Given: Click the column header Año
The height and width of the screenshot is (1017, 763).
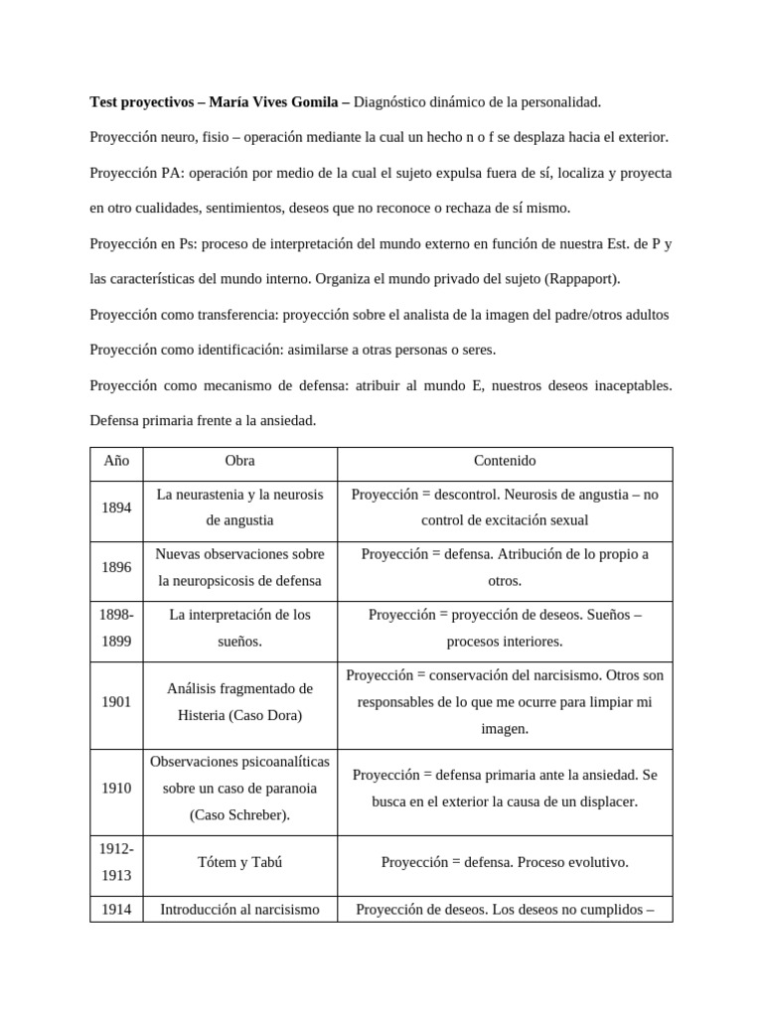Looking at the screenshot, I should pyautogui.click(x=116, y=462).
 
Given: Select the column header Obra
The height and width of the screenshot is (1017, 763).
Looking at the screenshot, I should pyautogui.click(x=240, y=462).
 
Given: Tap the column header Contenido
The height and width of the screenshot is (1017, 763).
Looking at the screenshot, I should pyautogui.click(x=505, y=462).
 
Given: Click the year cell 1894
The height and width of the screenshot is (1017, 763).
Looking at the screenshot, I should pyautogui.click(x=116, y=508).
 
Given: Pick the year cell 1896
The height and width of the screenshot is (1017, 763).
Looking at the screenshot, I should pyautogui.click(x=116, y=567).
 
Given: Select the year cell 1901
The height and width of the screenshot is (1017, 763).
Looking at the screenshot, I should pyautogui.click(x=116, y=702).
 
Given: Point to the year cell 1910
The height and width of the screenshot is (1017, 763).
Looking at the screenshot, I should pyautogui.click(x=116, y=789).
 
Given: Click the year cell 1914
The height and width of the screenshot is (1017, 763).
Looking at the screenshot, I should pyautogui.click(x=116, y=908).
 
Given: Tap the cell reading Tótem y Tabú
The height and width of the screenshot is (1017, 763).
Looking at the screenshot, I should pyautogui.click(x=240, y=862).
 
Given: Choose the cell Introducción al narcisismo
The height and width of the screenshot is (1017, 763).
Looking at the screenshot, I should pyautogui.click(x=240, y=908).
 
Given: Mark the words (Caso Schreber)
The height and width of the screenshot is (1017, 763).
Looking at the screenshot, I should pyautogui.click(x=240, y=815).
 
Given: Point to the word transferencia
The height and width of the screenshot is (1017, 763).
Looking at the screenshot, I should pyautogui.click(x=235, y=315).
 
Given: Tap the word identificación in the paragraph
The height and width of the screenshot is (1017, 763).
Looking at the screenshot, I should pyautogui.click(x=235, y=351).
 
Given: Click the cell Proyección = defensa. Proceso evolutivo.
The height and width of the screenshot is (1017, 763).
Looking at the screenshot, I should pyautogui.click(x=505, y=862).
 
